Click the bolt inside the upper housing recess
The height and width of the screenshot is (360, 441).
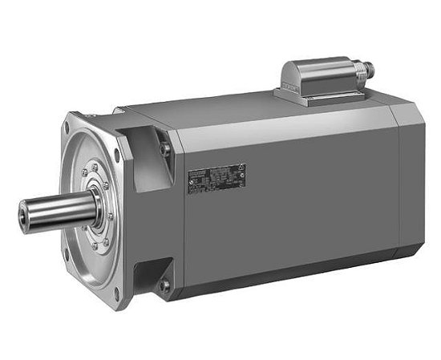166,149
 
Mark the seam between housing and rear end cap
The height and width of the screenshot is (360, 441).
399,192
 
